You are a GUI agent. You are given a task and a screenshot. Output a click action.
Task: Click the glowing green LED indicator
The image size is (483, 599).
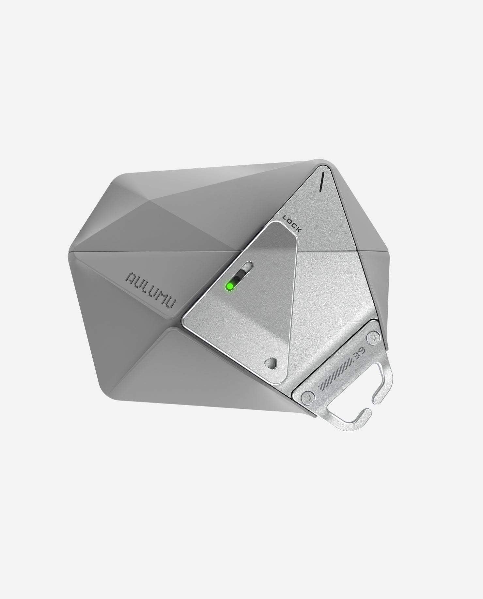pos(230,286)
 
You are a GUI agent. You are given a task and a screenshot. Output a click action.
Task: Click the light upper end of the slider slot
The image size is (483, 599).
pos(249,264)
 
